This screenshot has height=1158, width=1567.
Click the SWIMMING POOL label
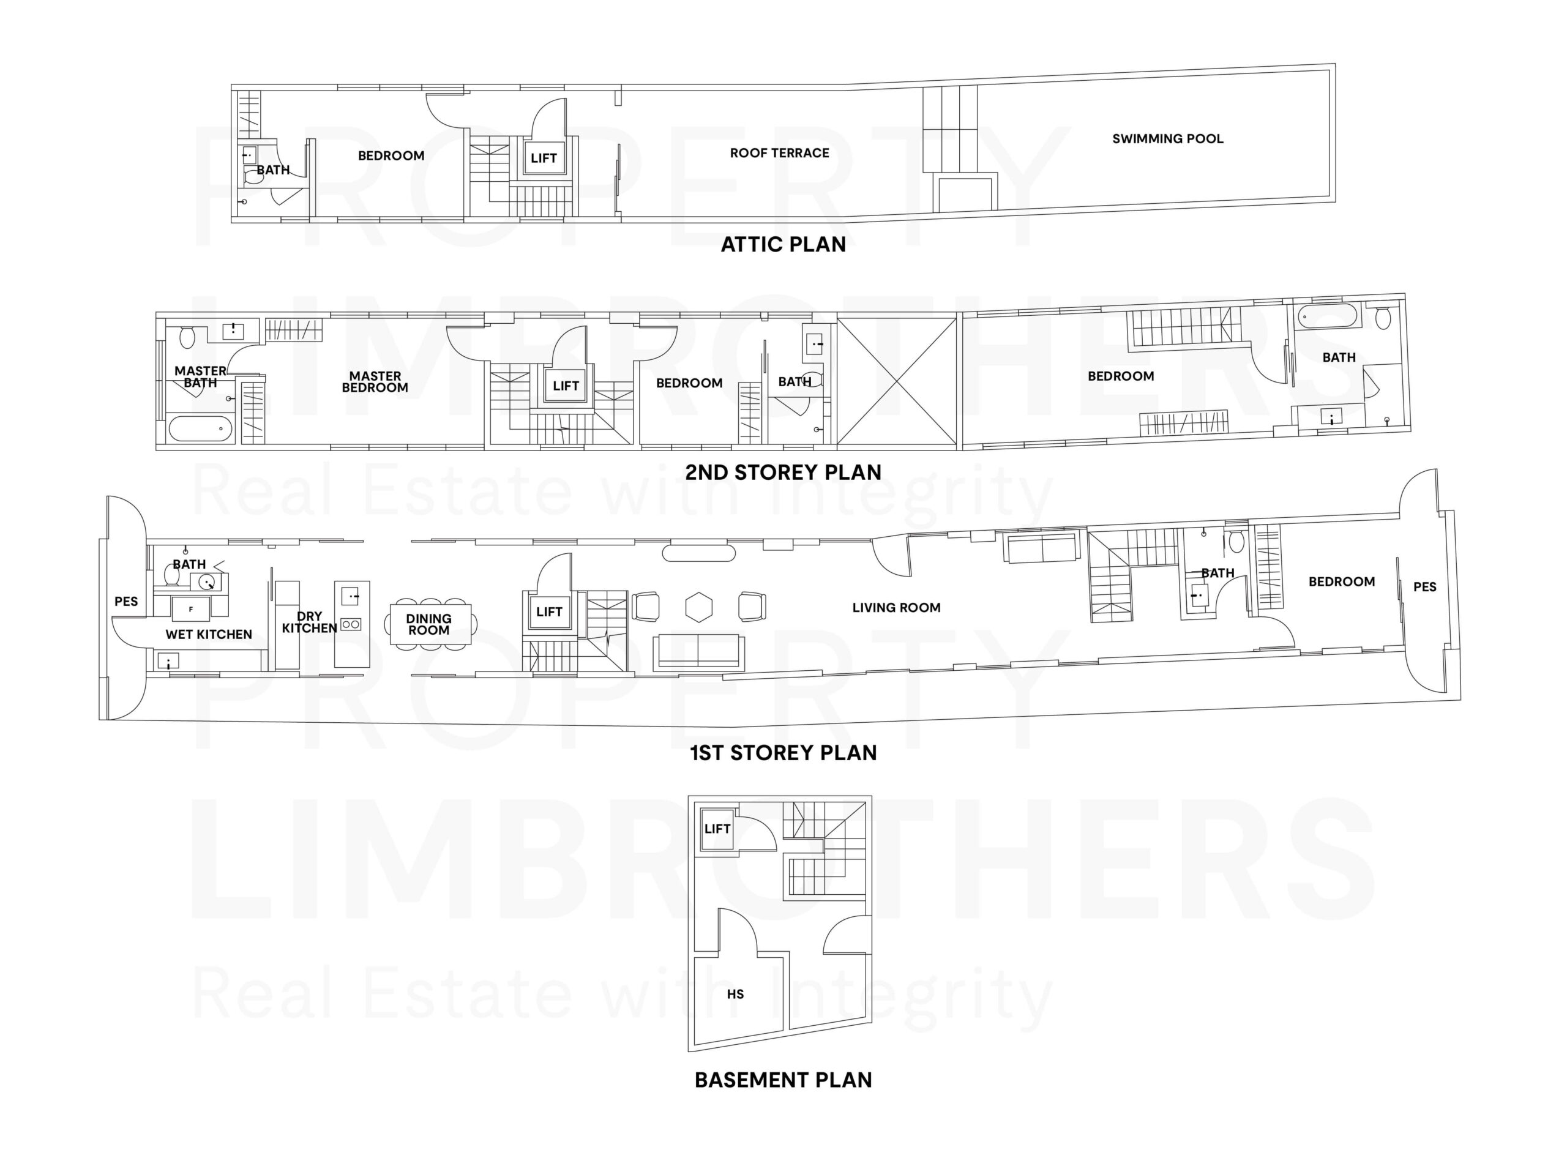click(1167, 139)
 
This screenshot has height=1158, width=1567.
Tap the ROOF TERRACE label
click(779, 153)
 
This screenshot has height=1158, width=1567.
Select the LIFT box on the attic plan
click(544, 158)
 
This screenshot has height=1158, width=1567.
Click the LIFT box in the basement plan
click(717, 829)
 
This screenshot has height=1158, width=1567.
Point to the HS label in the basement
click(735, 994)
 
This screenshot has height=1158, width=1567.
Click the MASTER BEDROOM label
click(375, 381)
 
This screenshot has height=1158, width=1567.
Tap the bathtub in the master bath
click(201, 428)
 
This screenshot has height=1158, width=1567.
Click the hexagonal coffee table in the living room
click(698, 607)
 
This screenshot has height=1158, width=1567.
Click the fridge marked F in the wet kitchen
click(191, 609)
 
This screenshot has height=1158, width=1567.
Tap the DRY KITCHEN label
click(309, 622)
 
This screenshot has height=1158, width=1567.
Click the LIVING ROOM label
click(896, 608)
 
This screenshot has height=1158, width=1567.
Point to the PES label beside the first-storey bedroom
click(1424, 587)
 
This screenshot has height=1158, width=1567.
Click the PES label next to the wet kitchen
click(126, 602)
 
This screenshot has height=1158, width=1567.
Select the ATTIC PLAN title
click(783, 244)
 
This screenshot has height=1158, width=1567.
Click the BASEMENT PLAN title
click(783, 1080)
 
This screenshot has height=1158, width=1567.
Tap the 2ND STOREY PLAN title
click(783, 472)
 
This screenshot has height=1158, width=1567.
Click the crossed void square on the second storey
click(897, 381)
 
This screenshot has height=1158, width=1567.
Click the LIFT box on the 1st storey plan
click(549, 611)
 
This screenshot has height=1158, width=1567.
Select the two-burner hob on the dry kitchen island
click(351, 624)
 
